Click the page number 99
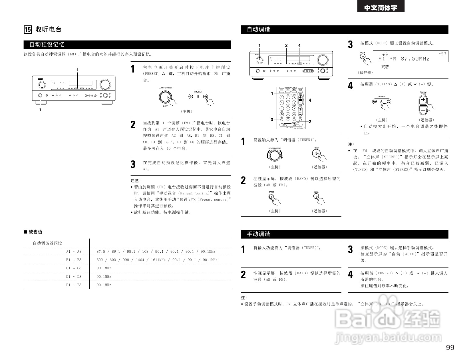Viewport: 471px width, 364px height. (x=450, y=347)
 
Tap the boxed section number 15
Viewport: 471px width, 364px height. (x=28, y=29)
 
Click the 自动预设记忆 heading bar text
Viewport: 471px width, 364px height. (x=47, y=45)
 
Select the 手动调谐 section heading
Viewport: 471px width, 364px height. (x=258, y=234)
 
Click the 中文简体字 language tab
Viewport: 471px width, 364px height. (x=381, y=8)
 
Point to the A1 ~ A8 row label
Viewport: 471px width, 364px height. (x=74, y=252)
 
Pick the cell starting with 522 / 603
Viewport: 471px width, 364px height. (x=157, y=260)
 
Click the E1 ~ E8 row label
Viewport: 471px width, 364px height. (x=74, y=285)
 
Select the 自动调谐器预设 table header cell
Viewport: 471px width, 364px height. (x=47, y=243)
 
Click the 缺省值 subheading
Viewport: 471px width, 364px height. (x=35, y=232)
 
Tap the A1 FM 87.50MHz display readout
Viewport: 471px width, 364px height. (x=404, y=59)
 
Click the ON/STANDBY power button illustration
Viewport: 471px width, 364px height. (x=165, y=97)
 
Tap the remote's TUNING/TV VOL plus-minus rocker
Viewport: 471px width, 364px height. (x=423, y=105)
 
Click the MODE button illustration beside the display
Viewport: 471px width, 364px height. (x=363, y=57)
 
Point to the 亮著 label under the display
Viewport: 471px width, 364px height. (x=385, y=67)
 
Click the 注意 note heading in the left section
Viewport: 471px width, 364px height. (x=136, y=180)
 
